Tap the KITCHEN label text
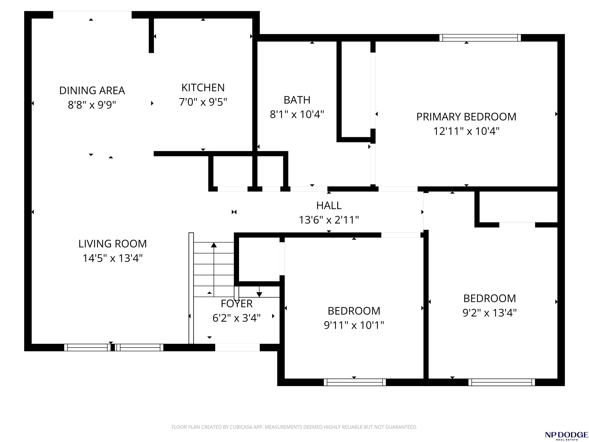(x=203, y=88)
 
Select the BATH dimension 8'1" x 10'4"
(x=297, y=115)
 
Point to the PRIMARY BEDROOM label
(x=466, y=117)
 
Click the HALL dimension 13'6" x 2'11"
(x=329, y=220)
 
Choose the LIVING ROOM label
(x=112, y=244)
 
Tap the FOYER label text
(x=236, y=304)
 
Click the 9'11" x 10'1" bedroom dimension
(x=354, y=325)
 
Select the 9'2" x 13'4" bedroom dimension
(x=489, y=313)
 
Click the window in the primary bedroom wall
(x=480, y=38)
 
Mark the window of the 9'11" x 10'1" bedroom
(x=355, y=382)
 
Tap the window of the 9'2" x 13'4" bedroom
(x=502, y=382)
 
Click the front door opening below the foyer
(x=237, y=347)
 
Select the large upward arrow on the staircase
(x=214, y=268)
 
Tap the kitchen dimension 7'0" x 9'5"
(x=203, y=102)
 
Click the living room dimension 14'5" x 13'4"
(x=112, y=258)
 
